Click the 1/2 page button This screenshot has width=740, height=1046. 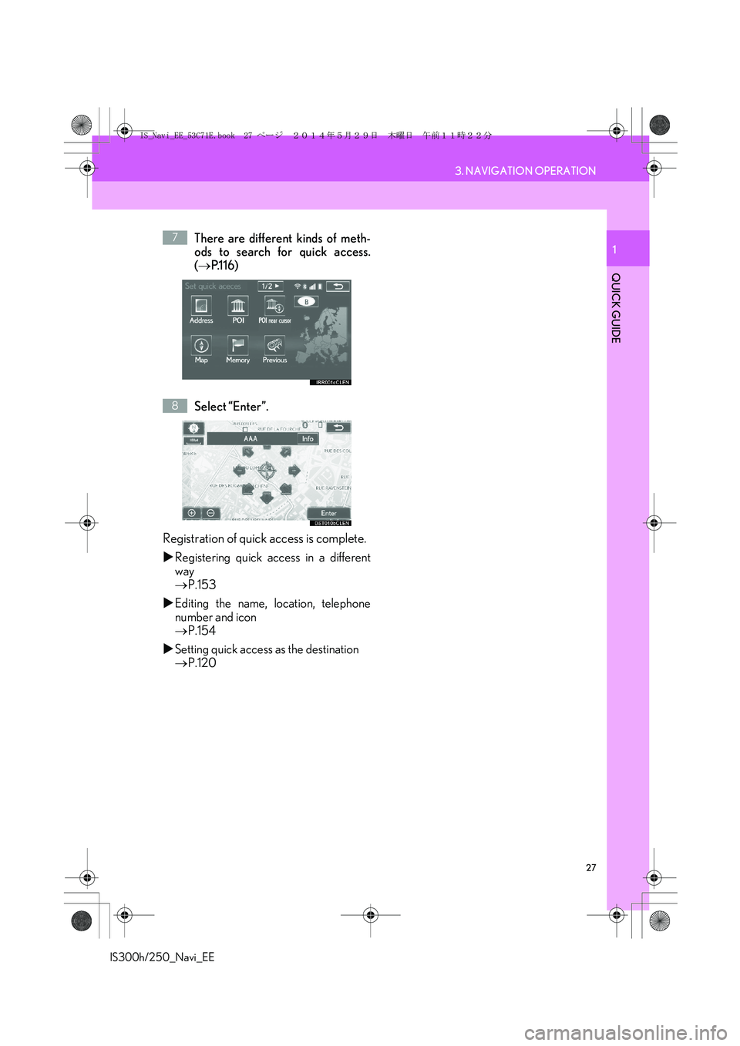pyautogui.click(x=270, y=287)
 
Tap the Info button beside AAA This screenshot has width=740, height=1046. pyautogui.click(x=308, y=439)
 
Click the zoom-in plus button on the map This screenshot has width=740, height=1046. pyautogui.click(x=192, y=513)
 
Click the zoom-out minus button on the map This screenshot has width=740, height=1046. pyautogui.click(x=210, y=513)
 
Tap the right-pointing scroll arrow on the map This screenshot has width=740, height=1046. pyautogui.click(x=294, y=471)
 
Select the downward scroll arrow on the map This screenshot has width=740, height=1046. pyautogui.click(x=267, y=498)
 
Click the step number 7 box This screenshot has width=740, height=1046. pyautogui.click(x=175, y=238)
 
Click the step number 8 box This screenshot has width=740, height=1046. pyautogui.click(x=175, y=406)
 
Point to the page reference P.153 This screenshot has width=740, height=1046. pyautogui.click(x=201, y=585)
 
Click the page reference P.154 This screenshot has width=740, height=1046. pyautogui.click(x=201, y=631)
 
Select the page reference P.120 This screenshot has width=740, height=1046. pyautogui.click(x=201, y=663)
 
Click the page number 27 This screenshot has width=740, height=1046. pyautogui.click(x=591, y=868)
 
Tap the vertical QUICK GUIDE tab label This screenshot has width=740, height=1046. pyautogui.click(x=616, y=308)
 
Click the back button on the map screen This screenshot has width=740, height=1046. pyautogui.click(x=338, y=427)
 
